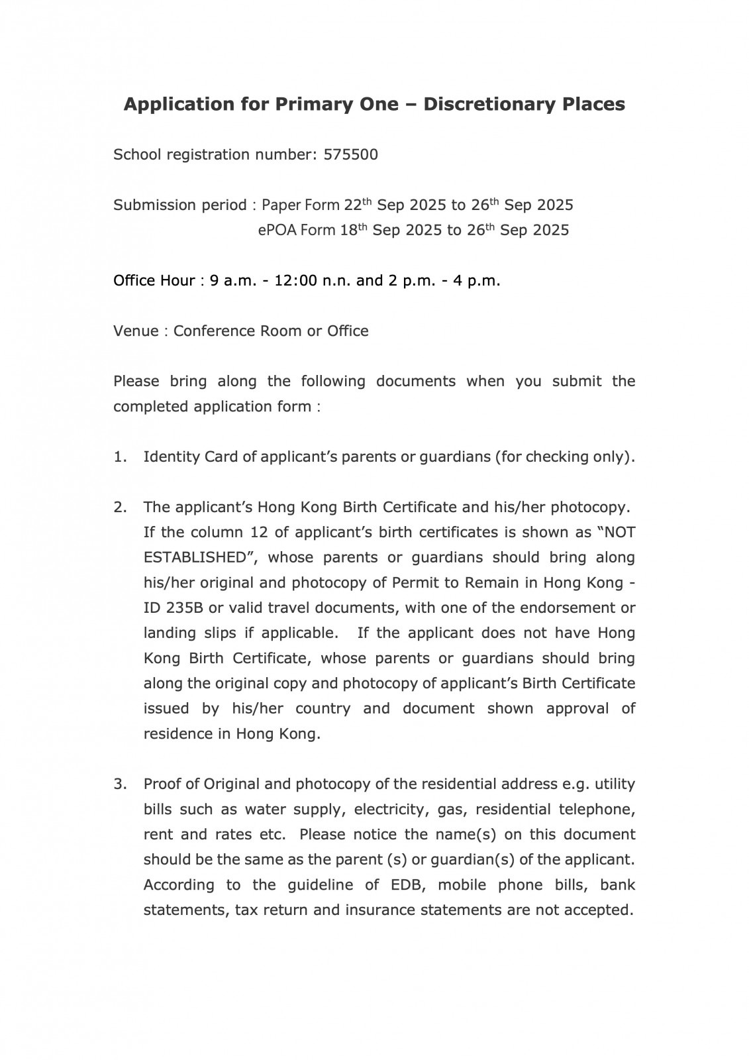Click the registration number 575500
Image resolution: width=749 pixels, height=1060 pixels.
(350, 155)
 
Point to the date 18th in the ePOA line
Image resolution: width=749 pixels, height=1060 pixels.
(354, 231)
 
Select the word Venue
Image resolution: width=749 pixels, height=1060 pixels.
(134, 331)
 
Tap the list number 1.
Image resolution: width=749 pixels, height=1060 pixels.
(119, 457)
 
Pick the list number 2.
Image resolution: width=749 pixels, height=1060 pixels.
(119, 507)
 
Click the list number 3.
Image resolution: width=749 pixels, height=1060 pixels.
(119, 784)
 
